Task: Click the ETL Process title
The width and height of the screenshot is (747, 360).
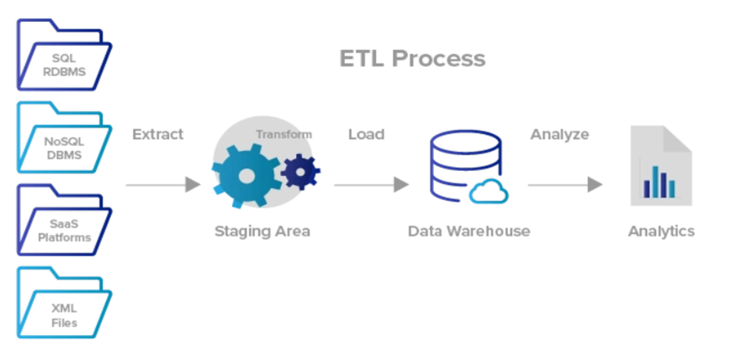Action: coord(412,59)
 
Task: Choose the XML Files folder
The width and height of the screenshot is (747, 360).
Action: coord(64,313)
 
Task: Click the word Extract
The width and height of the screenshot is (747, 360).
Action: coord(158,134)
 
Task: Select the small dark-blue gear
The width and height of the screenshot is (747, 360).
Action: coord(300,171)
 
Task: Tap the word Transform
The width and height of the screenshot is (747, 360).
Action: coord(283,134)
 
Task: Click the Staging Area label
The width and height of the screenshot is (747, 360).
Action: coord(261,231)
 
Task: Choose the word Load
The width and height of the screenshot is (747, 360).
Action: coord(366,134)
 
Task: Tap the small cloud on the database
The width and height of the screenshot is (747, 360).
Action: coord(489,191)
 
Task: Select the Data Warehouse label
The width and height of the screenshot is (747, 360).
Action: coord(468,231)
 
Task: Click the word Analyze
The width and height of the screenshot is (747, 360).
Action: coord(560,134)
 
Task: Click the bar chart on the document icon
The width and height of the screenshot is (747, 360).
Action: coord(660,182)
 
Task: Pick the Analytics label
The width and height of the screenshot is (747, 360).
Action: coord(660,231)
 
